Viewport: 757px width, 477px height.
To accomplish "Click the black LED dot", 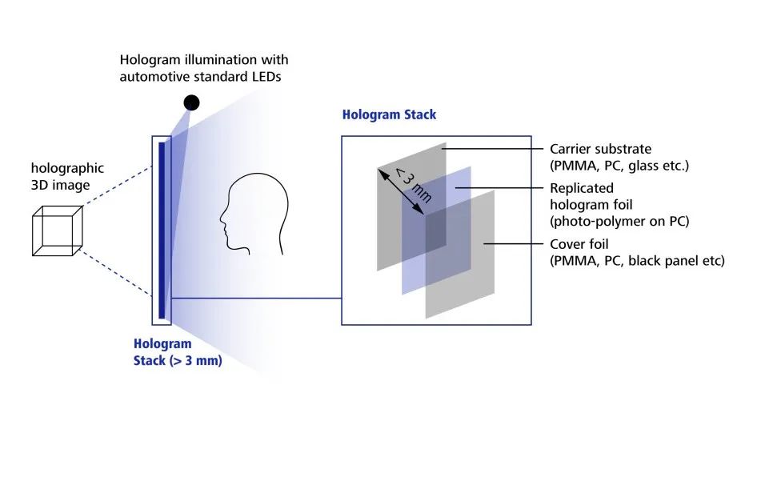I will [191, 102].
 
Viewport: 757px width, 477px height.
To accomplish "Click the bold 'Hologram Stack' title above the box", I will [389, 114].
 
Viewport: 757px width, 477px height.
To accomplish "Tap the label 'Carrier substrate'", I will [600, 149].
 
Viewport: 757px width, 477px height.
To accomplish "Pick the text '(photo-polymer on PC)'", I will [619, 221].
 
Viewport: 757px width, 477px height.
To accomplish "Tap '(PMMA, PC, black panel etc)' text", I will [637, 260].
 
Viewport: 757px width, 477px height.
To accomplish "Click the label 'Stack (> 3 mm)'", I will [178, 360].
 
